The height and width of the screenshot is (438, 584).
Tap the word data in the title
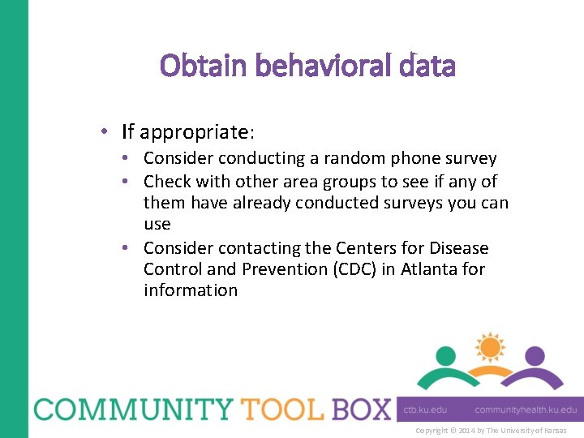click(427, 66)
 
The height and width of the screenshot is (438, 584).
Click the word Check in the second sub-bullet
click(166, 181)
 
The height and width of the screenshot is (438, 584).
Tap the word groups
click(347, 181)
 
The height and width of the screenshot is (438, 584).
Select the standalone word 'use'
click(157, 225)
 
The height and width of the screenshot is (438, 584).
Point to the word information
click(191, 290)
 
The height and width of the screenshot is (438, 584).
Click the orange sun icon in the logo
click(490, 347)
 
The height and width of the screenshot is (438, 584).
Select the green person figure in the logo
click(445, 365)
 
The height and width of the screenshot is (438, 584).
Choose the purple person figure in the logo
click(534, 365)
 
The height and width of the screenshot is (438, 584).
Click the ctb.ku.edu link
click(425, 410)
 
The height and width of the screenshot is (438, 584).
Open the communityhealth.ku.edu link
click(526, 410)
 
